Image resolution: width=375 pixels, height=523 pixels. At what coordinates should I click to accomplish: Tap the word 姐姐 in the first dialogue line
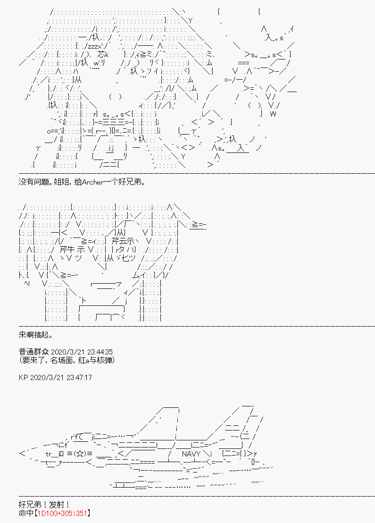[x=66, y=182]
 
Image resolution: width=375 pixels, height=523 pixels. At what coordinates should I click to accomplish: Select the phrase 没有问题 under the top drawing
[x=34, y=182]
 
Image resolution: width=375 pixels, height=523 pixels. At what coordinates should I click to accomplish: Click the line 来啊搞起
[x=34, y=335]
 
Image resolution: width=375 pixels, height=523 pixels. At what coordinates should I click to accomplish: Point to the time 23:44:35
[x=97, y=352]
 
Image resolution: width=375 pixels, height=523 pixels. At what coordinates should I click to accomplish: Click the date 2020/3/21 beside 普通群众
[x=66, y=352]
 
